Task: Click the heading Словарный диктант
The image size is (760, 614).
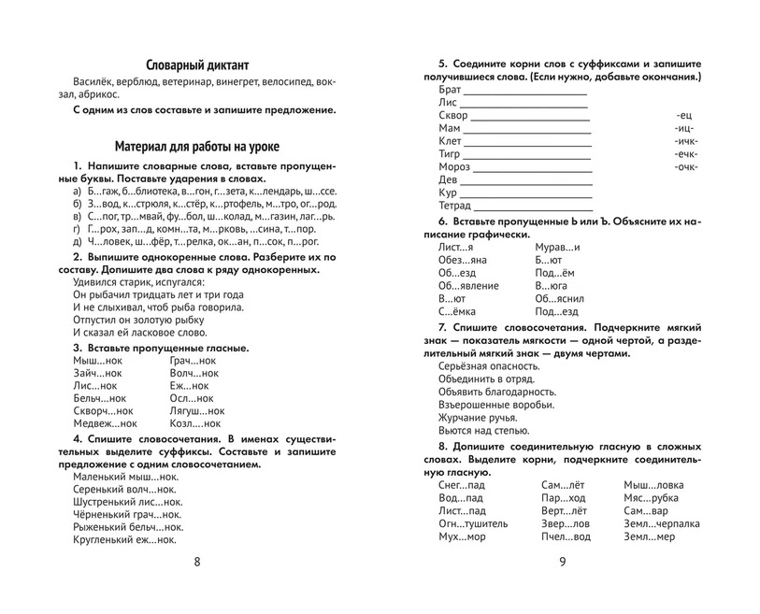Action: [x=197, y=64]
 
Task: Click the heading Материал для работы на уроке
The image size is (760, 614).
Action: [x=196, y=147]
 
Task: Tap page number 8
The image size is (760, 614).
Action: [x=196, y=561]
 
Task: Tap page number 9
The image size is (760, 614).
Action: [x=562, y=561]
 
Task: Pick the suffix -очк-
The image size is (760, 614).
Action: [x=685, y=166]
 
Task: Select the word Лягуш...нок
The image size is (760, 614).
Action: [x=197, y=410]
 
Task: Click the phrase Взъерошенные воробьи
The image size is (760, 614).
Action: [x=495, y=405]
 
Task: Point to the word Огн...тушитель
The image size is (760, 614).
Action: [x=473, y=523]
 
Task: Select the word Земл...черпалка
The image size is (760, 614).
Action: [x=661, y=523]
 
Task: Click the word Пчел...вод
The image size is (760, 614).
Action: [x=566, y=536]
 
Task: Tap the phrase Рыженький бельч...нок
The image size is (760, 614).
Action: [x=127, y=526]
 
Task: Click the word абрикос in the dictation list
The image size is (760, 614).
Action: [x=98, y=93]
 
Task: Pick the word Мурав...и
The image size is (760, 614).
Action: [x=557, y=246]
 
